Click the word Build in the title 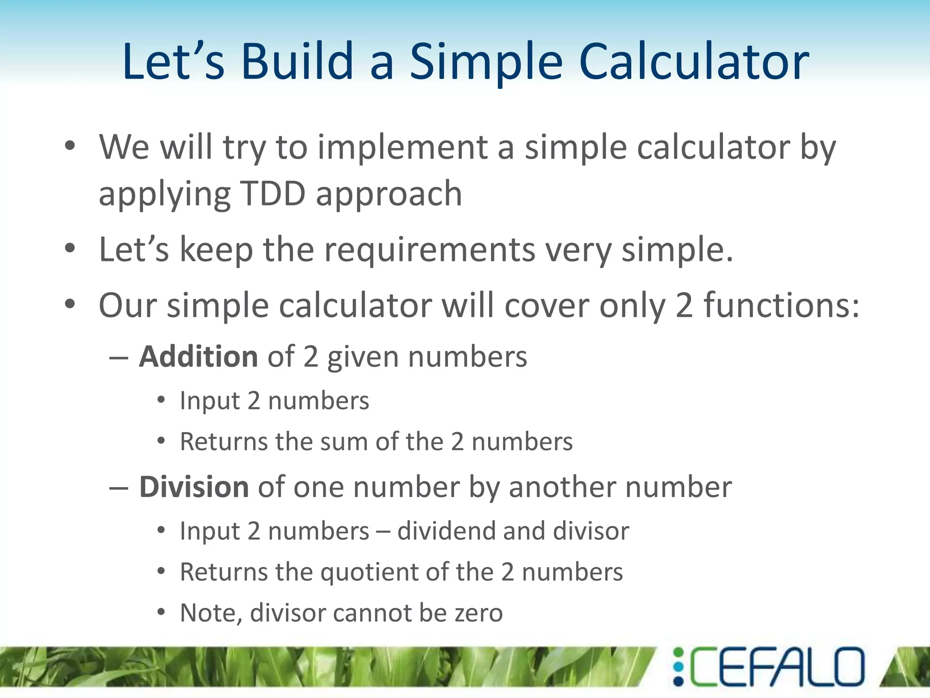pos(297,62)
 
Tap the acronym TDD pos(272,194)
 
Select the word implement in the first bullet pos(402,148)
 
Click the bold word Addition pos(198,356)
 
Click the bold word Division pos(194,487)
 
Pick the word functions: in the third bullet pos(781,305)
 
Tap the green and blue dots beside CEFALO pos(678,667)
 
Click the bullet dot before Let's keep pos(69,249)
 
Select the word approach pos(389,194)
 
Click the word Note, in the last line pos(211,613)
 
